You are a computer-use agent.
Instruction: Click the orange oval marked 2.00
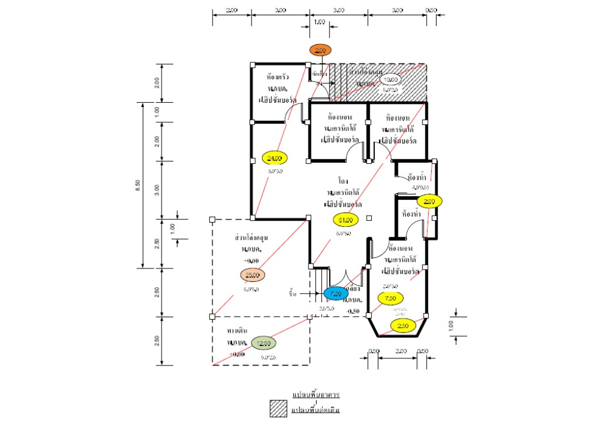point(320,51)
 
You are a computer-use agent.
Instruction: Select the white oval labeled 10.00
point(390,80)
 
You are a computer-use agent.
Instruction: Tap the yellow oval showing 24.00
point(274,158)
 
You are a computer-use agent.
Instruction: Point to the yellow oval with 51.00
point(345,220)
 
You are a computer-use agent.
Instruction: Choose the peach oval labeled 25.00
point(253,275)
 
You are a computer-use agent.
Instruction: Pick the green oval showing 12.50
point(263,343)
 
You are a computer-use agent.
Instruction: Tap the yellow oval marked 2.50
point(403,326)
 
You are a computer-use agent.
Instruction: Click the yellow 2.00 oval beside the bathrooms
point(429,201)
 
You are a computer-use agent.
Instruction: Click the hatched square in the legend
point(278,408)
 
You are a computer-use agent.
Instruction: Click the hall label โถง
point(344,181)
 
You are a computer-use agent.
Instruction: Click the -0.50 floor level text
point(354,311)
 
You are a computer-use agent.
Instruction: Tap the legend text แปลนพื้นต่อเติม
point(316,408)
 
